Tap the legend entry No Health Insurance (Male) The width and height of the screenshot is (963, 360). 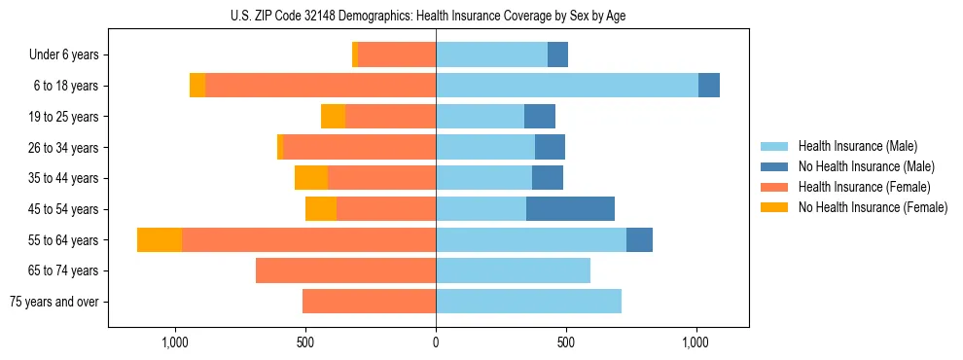(866, 166)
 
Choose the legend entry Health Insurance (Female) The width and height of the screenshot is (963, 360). (864, 187)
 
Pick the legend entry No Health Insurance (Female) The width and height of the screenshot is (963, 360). (873, 207)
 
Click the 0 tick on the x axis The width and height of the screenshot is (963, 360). (436, 342)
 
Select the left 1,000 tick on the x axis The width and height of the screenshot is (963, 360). (175, 342)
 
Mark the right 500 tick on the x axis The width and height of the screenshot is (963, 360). (566, 342)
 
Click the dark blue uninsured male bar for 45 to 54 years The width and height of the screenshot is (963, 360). (570, 209)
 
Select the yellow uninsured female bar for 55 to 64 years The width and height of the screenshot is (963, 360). (160, 239)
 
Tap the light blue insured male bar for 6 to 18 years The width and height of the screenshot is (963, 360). (566, 86)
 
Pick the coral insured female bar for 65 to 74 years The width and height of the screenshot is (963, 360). (345, 270)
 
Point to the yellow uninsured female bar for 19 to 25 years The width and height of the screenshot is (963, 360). (333, 117)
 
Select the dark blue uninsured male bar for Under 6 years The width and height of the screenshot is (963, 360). (557, 54)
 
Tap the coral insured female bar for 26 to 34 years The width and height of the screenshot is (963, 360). (505, 147)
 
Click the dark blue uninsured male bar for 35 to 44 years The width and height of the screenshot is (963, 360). (548, 178)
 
